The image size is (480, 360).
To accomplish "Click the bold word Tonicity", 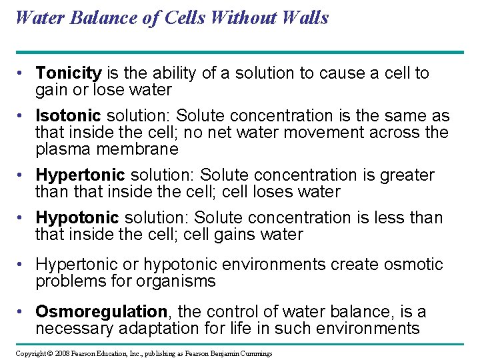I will point(69,73).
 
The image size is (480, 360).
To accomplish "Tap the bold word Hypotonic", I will point(77,218).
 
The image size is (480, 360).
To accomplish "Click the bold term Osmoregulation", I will point(101,312).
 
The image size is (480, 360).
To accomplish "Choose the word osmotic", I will point(413,265).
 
